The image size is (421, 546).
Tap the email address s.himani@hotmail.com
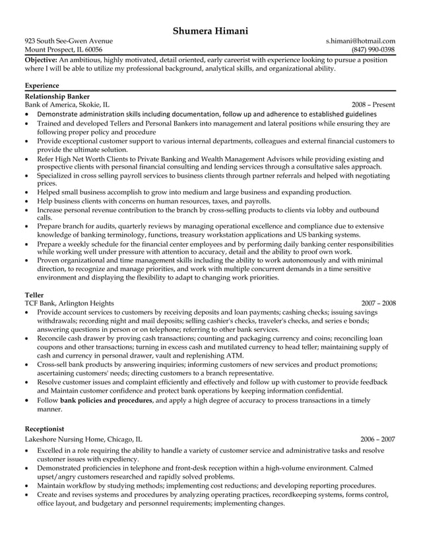360,41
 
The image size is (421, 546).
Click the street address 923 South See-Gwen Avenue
69,41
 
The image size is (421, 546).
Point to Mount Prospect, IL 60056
63,50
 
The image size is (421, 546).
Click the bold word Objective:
41,59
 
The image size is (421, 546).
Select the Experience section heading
42,85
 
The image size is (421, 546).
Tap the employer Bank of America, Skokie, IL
67,104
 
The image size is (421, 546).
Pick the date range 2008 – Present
373,104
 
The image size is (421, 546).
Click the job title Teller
34,294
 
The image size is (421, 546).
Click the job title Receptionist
46,429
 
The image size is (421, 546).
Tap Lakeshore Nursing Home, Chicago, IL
83,438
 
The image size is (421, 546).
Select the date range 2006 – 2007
377,438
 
